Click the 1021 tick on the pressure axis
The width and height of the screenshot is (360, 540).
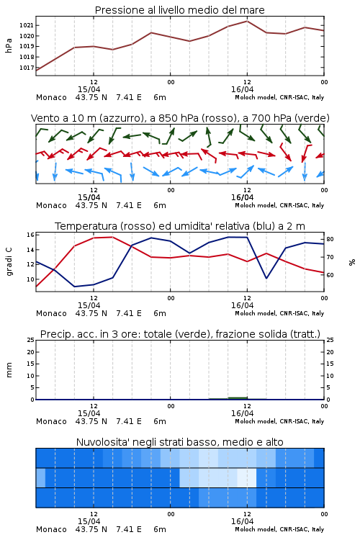[x=26, y=25]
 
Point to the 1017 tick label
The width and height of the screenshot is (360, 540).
[x=26, y=68]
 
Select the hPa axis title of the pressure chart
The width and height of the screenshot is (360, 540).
[x=9, y=45]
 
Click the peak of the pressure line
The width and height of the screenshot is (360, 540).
[x=247, y=21]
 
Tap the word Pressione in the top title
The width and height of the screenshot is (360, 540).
[x=120, y=10]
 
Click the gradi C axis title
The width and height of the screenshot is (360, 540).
[x=9, y=262]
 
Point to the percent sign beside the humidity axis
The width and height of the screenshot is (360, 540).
[x=352, y=262]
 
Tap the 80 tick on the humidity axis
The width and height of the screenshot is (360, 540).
[x=330, y=239]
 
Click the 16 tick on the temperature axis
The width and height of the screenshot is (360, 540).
[x=30, y=235]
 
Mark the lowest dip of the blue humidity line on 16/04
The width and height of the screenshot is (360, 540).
[x=266, y=278]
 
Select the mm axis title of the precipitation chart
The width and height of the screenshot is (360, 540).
[x=9, y=370]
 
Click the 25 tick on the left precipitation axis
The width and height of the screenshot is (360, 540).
[x=30, y=340]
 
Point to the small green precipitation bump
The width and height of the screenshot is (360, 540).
[x=238, y=398]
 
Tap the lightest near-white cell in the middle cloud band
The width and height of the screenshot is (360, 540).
[x=247, y=477]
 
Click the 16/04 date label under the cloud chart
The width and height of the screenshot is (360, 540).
[x=242, y=521]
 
